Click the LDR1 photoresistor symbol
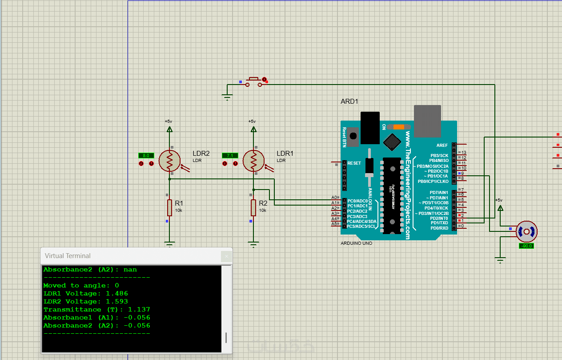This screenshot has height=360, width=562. tap(253, 161)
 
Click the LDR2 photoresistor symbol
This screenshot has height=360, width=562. tap(169, 161)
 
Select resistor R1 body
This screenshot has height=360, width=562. tap(169, 207)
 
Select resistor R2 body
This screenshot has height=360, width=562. tap(253, 207)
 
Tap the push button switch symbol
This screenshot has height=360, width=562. tap(254, 81)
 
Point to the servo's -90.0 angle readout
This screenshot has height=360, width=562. tap(526, 246)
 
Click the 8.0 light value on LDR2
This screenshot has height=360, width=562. tap(146, 155)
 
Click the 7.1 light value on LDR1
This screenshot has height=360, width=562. tap(230, 155)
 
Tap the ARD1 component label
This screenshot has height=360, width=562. tap(349, 101)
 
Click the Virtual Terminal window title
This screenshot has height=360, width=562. tap(68, 256)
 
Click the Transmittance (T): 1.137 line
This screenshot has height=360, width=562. tap(96, 309)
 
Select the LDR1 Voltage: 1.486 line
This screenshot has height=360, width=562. tap(85, 293)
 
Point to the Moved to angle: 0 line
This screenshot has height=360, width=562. tap(81, 285)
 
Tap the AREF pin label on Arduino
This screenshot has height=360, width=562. tap(442, 145)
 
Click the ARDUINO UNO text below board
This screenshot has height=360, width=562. tap(356, 243)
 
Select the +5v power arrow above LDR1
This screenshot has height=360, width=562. tap(253, 129)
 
